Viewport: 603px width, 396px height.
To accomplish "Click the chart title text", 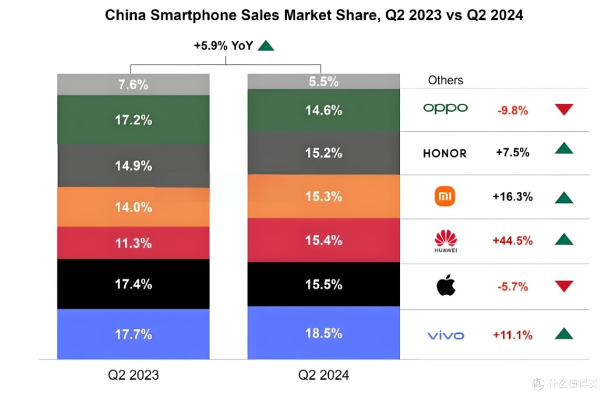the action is click(314, 15).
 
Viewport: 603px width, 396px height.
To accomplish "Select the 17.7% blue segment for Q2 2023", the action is click(133, 334).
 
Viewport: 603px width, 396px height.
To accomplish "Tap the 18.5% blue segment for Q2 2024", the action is click(323, 333).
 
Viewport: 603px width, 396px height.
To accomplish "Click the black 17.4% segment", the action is click(133, 284).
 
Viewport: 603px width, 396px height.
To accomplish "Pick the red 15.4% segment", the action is click(323, 240).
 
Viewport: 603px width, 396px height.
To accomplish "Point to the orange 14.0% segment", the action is click(133, 207).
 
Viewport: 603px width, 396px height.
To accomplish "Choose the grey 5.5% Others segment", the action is click(323, 81).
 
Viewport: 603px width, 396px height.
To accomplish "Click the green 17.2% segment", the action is click(133, 120).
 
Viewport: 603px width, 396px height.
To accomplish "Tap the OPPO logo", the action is click(446, 108).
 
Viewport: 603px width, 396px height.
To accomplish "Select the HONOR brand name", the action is click(445, 153).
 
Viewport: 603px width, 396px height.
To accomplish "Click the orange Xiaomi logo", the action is click(445, 196).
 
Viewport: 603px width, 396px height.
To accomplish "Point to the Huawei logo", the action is click(446, 241).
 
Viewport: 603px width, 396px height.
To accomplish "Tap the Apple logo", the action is click(446, 286).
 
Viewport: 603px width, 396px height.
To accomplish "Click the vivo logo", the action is click(446, 335).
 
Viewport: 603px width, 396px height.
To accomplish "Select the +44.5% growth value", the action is click(513, 241).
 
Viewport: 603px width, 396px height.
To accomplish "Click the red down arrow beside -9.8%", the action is click(564, 109).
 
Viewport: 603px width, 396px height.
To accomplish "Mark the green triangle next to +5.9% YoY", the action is click(266, 46).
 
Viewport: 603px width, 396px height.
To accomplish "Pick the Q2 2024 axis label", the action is click(323, 375).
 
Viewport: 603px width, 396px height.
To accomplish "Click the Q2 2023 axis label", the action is click(133, 375).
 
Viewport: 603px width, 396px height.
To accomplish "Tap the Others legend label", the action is click(446, 80).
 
